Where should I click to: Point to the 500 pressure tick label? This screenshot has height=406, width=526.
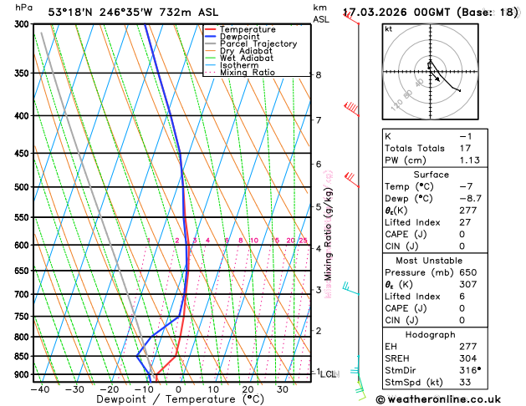21,187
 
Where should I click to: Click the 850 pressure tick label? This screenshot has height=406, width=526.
21,357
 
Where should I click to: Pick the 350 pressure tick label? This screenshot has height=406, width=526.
21,74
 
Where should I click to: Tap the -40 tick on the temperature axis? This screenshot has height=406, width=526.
39,389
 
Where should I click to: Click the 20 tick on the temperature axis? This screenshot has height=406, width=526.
248,389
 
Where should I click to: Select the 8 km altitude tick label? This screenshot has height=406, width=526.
318,75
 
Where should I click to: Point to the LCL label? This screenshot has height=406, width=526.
329,374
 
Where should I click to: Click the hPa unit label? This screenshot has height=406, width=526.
24,8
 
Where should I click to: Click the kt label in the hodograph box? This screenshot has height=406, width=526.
388,28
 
